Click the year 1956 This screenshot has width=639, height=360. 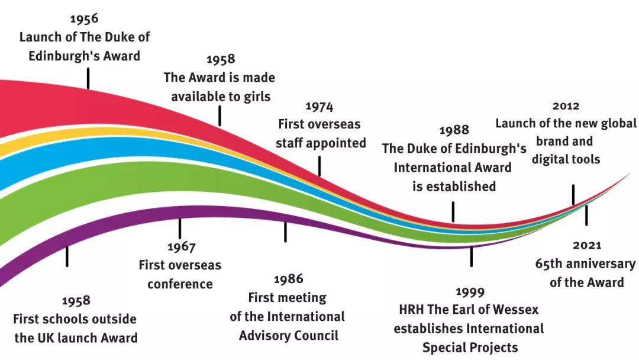pyautogui.click(x=83, y=18)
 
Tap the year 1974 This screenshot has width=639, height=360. pyautogui.click(x=319, y=107)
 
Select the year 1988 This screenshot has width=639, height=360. pyautogui.click(x=454, y=130)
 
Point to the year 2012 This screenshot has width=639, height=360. pyautogui.click(x=566, y=106)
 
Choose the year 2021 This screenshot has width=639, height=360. pyautogui.click(x=587, y=245)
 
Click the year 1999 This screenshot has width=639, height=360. pyautogui.click(x=470, y=291)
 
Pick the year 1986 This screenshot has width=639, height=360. pyautogui.click(x=288, y=278)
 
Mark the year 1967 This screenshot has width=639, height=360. pyautogui.click(x=180, y=246)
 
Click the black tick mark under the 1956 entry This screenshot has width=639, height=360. pyautogui.click(x=88, y=78)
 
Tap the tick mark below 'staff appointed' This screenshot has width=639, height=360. pyautogui.click(x=319, y=166)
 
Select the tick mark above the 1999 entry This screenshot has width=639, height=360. pyautogui.click(x=472, y=256)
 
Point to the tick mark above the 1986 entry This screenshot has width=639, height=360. pyautogui.click(x=285, y=232)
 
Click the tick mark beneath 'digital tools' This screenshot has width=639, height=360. pyautogui.click(x=573, y=194)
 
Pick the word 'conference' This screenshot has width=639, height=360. pyautogui.click(x=180, y=284)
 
